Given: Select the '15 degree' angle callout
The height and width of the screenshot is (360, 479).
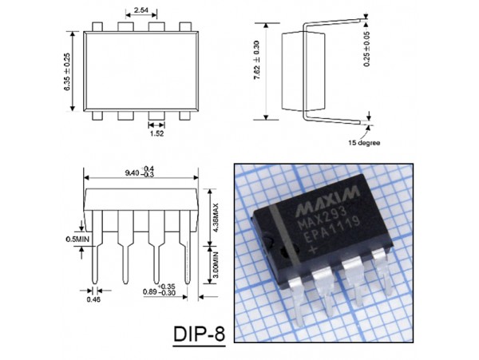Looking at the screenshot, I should [x=362, y=143].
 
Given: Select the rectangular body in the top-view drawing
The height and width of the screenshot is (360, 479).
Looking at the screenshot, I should [x=137, y=70].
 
